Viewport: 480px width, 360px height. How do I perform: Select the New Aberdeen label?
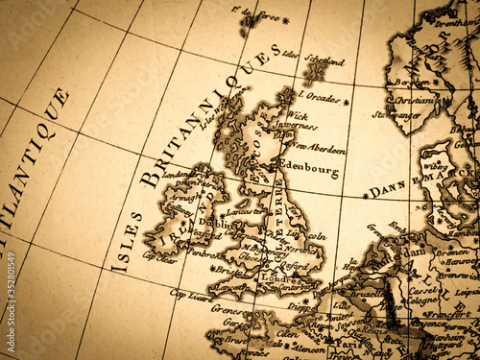point(319,146)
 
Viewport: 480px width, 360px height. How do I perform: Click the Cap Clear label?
point(158,256)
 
